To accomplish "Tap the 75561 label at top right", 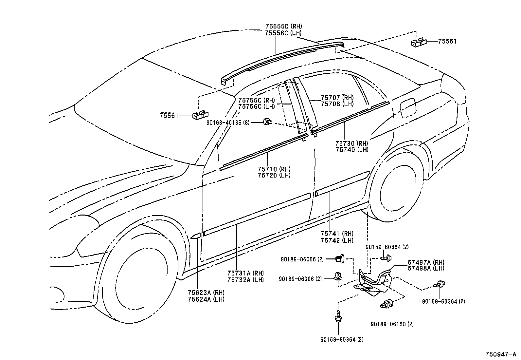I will click(x=447, y=41).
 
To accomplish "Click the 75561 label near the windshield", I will click(x=169, y=116).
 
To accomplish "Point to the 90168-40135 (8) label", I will click(x=228, y=122).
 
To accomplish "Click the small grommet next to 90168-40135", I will click(x=268, y=122).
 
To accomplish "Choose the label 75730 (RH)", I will click(x=351, y=143).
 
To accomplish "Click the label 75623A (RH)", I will click(x=206, y=293).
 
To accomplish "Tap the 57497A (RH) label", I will click(x=426, y=262).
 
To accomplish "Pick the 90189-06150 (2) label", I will click(x=392, y=324).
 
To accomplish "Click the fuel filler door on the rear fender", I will click(x=408, y=107).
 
